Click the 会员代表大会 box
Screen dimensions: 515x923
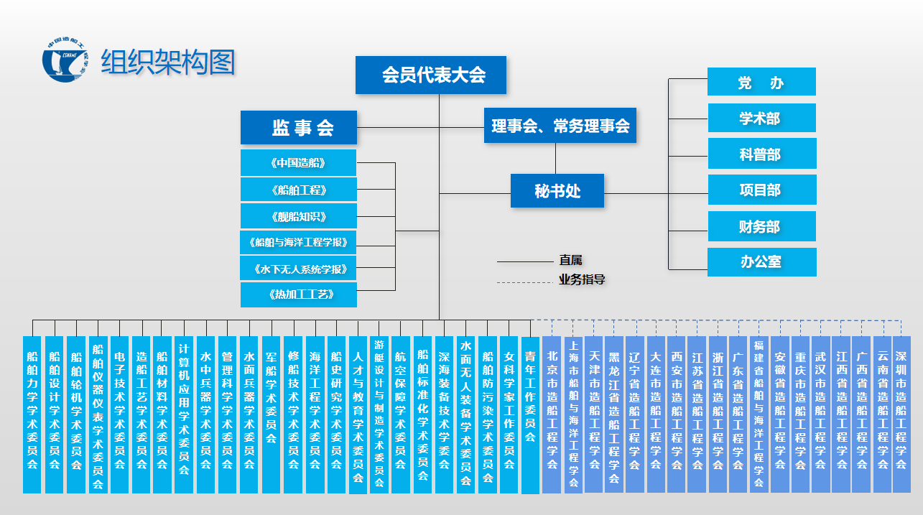pos(431,75)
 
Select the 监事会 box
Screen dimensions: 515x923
pos(298,128)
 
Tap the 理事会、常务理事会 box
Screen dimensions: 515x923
pos(560,126)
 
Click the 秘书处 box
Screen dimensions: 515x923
pos(557,190)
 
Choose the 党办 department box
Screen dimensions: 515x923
pos(761,82)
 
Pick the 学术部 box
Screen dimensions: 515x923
pos(761,118)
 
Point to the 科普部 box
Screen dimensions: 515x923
pos(761,154)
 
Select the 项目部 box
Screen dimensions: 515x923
pos(761,190)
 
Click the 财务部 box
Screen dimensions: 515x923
pos(761,226)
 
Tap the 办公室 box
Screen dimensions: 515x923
pos(761,261)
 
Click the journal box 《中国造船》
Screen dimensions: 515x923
pos(298,162)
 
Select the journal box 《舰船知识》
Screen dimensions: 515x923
pos(298,215)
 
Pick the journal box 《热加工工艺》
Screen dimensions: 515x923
pos(298,294)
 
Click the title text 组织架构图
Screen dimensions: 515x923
pos(168,62)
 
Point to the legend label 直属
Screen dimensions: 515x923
pos(572,260)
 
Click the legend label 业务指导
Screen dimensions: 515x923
pos(582,279)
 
